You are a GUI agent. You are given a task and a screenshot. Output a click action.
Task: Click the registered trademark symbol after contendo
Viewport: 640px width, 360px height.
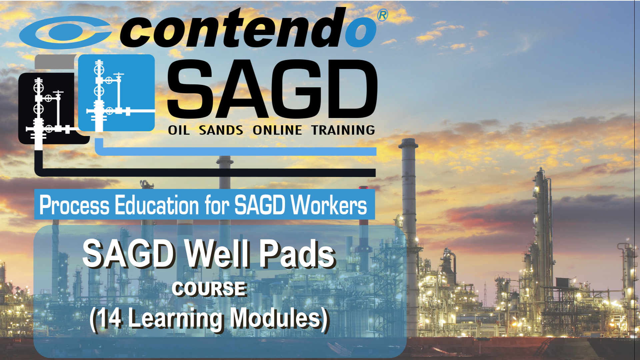tap(383, 15)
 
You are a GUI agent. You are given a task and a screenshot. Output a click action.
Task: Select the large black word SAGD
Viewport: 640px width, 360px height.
tap(272, 89)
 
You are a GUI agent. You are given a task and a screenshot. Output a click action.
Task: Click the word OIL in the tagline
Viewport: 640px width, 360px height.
tap(179, 130)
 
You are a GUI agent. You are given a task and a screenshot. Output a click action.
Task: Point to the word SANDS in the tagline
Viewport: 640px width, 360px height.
tap(221, 130)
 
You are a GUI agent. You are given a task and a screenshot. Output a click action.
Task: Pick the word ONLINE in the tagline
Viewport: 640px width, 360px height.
tap(277, 130)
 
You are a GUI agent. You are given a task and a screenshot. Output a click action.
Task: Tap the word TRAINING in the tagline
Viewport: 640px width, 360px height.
tap(343, 130)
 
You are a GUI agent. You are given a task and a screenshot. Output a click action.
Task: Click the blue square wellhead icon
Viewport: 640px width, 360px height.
tap(117, 93)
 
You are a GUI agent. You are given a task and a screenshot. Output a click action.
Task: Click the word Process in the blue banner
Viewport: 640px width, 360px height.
tap(74, 205)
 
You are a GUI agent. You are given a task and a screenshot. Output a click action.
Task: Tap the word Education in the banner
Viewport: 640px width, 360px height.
tap(157, 205)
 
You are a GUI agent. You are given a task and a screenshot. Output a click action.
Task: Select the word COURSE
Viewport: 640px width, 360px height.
tap(209, 289)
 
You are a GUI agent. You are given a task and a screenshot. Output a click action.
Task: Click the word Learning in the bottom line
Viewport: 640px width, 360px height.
tap(176, 319)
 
